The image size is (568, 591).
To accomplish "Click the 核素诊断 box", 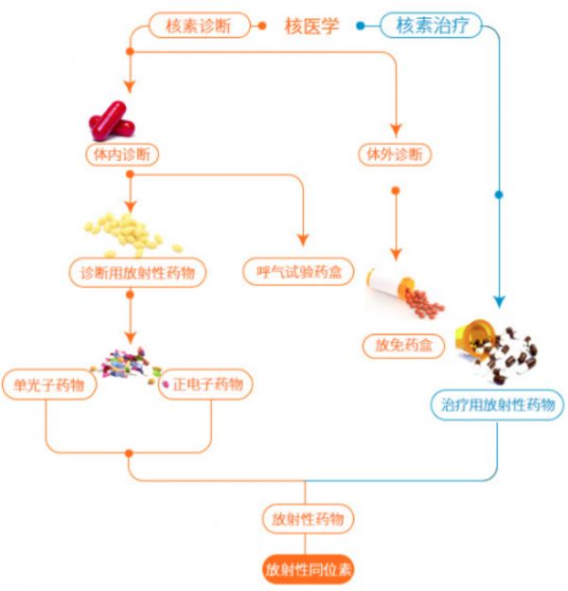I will coord(200,26).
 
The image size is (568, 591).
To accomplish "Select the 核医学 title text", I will coord(311,26).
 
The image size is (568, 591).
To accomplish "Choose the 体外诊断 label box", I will coord(396,153).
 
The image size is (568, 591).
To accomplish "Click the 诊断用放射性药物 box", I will coord(138,273).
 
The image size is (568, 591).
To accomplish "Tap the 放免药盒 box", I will coord(403,346).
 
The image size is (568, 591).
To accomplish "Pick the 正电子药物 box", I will coord(208,385).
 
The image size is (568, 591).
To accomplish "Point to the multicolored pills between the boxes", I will coord(131,366).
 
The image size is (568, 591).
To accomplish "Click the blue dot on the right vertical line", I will coord(499,195).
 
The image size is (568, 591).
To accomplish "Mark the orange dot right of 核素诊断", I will coord(261,26).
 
